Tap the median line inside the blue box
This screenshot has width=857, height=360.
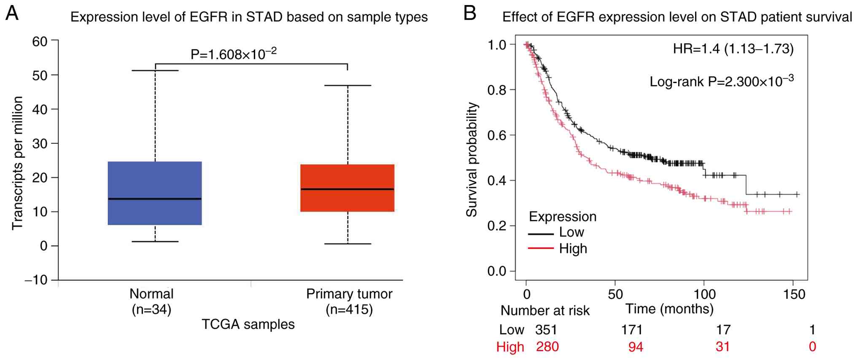tap(155, 199)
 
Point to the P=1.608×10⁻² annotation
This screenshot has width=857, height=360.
tap(234, 54)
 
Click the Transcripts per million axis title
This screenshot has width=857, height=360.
tap(17, 163)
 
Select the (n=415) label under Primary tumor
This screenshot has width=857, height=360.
tap(349, 310)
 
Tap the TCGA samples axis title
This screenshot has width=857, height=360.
tap(248, 324)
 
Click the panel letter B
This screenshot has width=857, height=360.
tap(469, 14)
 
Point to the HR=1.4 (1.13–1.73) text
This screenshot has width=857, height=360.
tap(733, 49)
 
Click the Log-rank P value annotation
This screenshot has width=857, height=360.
tap(721, 81)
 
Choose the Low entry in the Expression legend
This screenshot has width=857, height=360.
tap(571, 232)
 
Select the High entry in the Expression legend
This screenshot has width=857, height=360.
tap(573, 248)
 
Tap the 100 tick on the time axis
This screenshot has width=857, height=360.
tap(704, 294)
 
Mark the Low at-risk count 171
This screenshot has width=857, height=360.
tap(631, 330)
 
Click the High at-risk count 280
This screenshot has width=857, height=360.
tap(547, 347)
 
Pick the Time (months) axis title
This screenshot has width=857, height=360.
tap(669, 309)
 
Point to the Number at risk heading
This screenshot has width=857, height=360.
tap(545, 311)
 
